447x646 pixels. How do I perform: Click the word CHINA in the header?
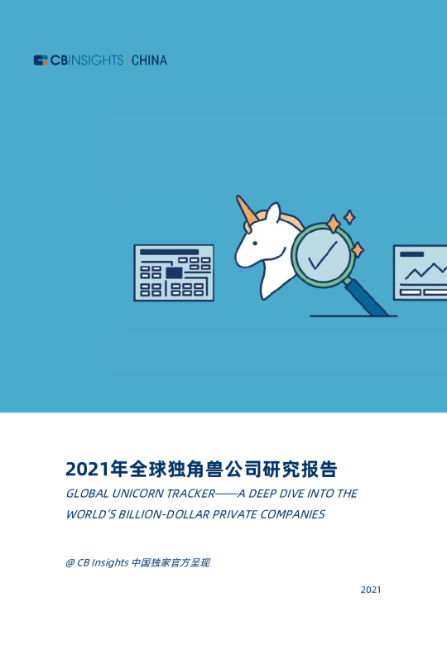149,60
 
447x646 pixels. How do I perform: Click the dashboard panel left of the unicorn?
174,272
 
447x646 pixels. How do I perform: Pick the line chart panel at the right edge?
420,272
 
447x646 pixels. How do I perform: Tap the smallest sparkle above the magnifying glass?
349,217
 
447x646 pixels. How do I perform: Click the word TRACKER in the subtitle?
189,494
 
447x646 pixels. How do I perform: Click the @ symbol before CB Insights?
70,563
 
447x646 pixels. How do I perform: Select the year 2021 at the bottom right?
371,590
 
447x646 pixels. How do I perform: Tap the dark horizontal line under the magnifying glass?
352,316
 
